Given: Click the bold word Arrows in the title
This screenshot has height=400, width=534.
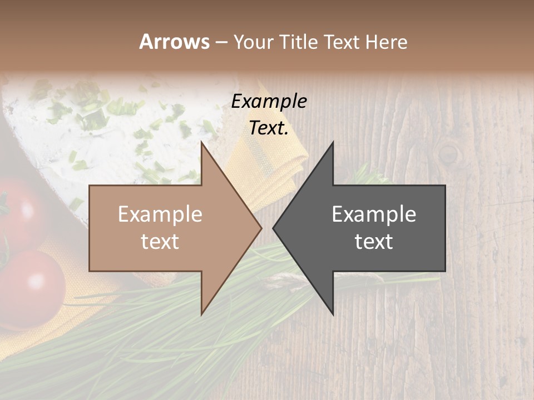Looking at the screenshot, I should click(174, 42).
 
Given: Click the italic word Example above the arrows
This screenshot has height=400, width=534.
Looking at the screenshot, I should click(269, 101).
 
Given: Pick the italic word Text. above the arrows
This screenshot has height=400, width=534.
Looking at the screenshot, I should click(269, 128).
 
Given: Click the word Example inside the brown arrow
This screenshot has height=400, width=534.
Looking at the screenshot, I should click(160, 214).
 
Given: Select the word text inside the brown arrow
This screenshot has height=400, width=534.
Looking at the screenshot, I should click(160, 241).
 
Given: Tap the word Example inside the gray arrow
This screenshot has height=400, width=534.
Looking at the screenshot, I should click(374, 214).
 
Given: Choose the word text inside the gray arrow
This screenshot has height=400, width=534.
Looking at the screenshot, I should click(374, 241).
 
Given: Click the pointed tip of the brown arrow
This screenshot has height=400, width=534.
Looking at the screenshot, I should click(261, 228).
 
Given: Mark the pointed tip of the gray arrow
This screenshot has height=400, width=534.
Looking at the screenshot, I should click(274, 228).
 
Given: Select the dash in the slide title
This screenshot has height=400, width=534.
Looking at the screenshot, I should click(221, 42).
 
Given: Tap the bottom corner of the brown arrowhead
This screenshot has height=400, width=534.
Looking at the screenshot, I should click(201, 314).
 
